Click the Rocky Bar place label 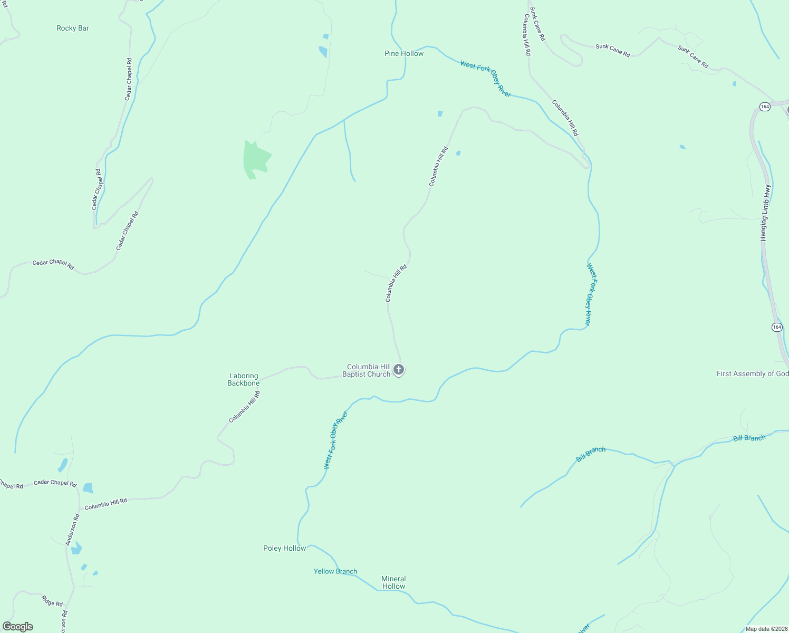click(x=73, y=28)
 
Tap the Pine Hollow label click(x=404, y=54)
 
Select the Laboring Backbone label click(x=244, y=380)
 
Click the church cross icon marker click(x=399, y=370)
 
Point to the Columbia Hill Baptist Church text click(x=367, y=371)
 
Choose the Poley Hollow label click(x=285, y=549)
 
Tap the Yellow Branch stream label click(x=335, y=572)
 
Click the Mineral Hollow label click(x=394, y=583)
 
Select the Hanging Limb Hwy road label click(x=765, y=213)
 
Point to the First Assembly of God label click(x=752, y=374)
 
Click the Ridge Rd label click(x=52, y=601)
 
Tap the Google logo click(x=18, y=627)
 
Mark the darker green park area click(x=256, y=159)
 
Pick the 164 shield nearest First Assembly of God click(x=777, y=328)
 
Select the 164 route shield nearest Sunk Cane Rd click(x=765, y=107)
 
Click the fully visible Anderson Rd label click(x=72, y=530)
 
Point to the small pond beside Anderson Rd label click(x=77, y=549)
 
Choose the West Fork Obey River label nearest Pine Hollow click(x=485, y=79)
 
